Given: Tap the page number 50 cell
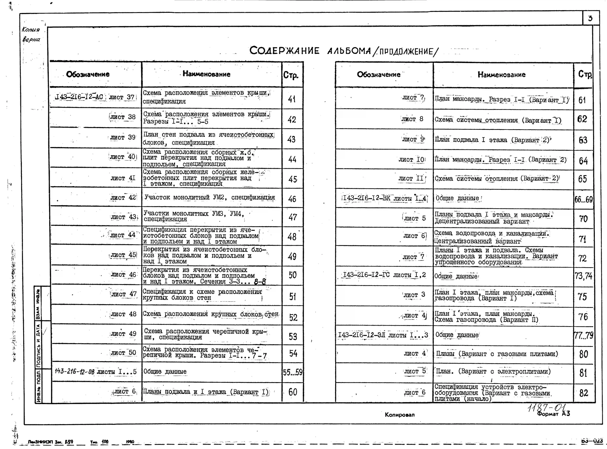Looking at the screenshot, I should (293, 275).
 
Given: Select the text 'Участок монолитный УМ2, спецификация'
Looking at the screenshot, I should (209, 197).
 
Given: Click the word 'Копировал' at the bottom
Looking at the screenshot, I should (399, 415).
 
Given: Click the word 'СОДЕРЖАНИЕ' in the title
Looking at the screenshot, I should (284, 51).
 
